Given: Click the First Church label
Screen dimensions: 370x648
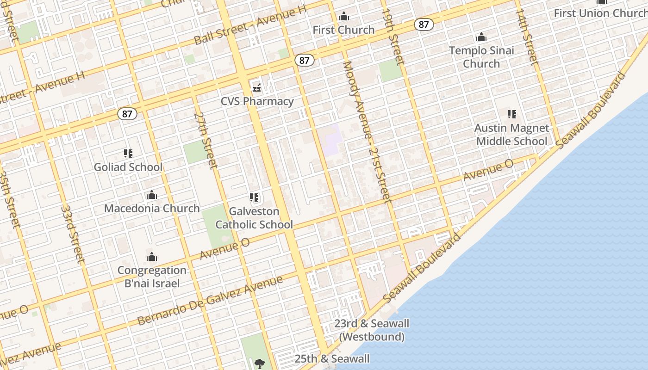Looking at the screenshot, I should point(343,30).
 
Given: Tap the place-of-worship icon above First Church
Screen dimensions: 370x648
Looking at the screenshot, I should point(343,17).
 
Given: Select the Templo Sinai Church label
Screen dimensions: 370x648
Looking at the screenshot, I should point(481,57).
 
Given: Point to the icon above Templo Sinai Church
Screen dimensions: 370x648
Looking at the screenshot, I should point(481,37).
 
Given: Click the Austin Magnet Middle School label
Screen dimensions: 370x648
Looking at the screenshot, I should point(512,135).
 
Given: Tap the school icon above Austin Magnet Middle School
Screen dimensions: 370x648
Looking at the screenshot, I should point(512,114).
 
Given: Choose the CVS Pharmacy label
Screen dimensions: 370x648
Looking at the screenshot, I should point(257,101).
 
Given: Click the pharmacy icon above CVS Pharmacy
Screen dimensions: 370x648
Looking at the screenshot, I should point(257,87).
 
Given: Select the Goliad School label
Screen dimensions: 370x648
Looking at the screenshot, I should point(128,167).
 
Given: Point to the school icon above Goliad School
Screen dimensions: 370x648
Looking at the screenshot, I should point(128,153).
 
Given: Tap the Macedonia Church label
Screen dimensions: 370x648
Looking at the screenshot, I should point(152,208).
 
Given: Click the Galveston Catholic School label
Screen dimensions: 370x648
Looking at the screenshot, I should point(254,218).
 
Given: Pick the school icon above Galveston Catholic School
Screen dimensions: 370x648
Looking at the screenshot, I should point(254,197).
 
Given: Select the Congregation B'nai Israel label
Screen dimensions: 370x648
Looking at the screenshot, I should point(152,277).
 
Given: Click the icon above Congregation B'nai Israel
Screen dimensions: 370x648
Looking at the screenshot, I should point(152,257).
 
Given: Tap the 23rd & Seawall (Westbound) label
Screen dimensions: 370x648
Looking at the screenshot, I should point(372,330).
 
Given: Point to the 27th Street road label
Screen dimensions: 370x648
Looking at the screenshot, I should point(206,140).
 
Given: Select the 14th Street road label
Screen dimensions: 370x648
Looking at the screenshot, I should point(527,36).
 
